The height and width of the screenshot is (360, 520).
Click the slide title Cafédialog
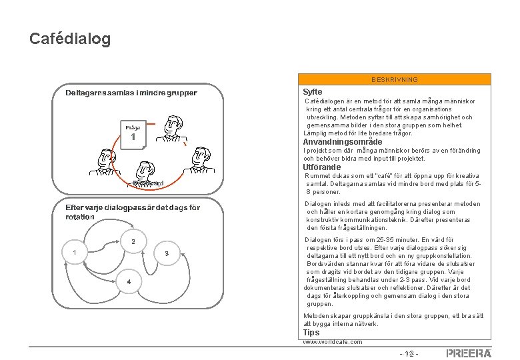tap(70, 39)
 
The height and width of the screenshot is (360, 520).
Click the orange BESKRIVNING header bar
tap(395, 79)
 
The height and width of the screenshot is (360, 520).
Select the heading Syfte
tap(313, 91)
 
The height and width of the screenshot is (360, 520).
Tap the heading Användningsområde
tap(343, 142)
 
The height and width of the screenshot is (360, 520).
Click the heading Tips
tap(311, 332)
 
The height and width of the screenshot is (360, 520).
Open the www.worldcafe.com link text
tap(333, 342)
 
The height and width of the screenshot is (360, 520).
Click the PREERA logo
tap(469, 353)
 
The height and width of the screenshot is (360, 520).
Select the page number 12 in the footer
tap(407, 353)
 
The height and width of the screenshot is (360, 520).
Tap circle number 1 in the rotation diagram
tap(75, 253)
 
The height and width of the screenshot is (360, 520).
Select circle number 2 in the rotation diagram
tap(133, 241)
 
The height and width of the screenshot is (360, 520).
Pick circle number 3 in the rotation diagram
tap(166, 253)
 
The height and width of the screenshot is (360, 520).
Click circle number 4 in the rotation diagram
tap(129, 281)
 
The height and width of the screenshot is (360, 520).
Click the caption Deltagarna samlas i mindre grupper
tap(131, 92)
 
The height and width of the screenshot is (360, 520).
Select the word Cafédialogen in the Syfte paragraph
tap(325, 101)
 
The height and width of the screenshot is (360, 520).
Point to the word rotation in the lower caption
tap(81, 217)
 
